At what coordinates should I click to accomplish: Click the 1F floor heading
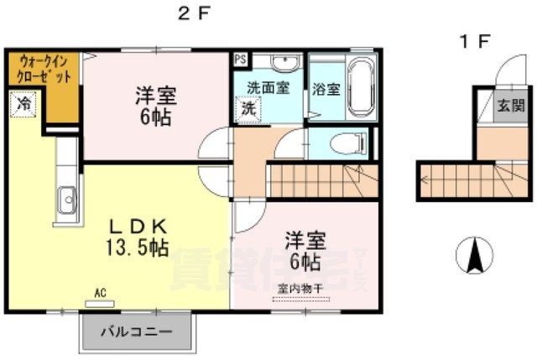472,39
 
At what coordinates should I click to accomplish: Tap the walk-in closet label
44,70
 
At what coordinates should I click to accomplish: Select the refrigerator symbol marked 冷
23,105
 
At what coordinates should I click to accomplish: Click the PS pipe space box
241,60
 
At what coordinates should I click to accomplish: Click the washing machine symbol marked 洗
248,107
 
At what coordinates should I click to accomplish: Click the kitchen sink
66,201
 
